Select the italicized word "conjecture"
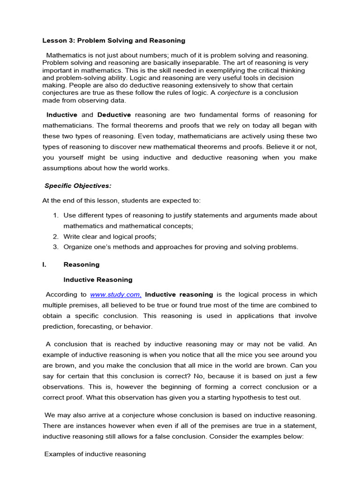(236, 93)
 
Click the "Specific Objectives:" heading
(78, 186)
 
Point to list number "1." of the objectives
(55, 215)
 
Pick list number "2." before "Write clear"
(55, 237)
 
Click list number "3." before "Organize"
(55, 247)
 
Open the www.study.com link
(115, 295)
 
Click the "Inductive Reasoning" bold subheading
(97, 280)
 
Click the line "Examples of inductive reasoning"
(95, 454)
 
